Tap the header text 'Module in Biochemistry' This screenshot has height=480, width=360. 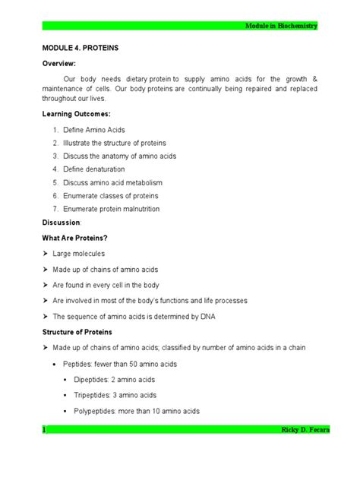281,27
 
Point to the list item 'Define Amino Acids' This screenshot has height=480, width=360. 98,130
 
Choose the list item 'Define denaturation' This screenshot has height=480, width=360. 98,169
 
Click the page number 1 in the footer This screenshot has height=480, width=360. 44,431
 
